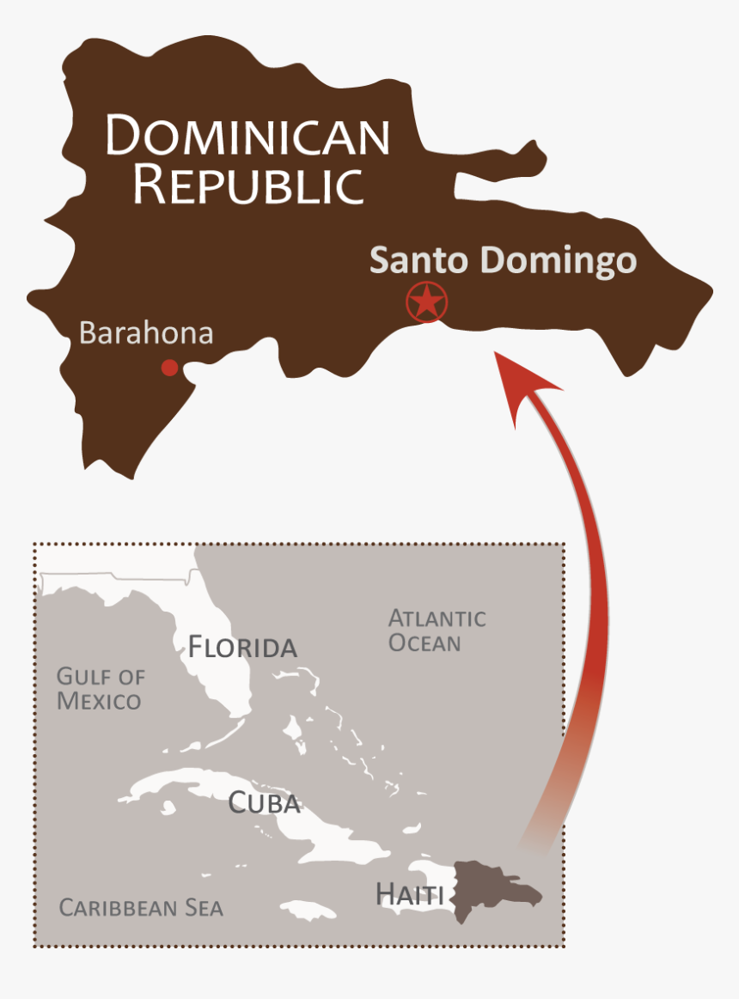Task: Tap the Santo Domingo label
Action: [503, 260]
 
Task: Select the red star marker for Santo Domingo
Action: [427, 302]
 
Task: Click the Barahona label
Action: [145, 333]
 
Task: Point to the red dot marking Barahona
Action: [169, 368]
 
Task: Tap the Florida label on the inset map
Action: [242, 647]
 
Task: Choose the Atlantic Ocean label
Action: [437, 630]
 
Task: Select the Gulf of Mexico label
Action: [100, 689]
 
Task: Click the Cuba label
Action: [264, 803]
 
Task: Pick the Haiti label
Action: [409, 894]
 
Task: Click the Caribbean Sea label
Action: [141, 908]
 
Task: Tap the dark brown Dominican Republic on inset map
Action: [490, 889]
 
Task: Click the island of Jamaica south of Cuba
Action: [308, 910]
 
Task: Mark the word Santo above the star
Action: [409, 260]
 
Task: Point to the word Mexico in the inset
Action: [99, 701]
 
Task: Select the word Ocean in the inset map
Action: [424, 643]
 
